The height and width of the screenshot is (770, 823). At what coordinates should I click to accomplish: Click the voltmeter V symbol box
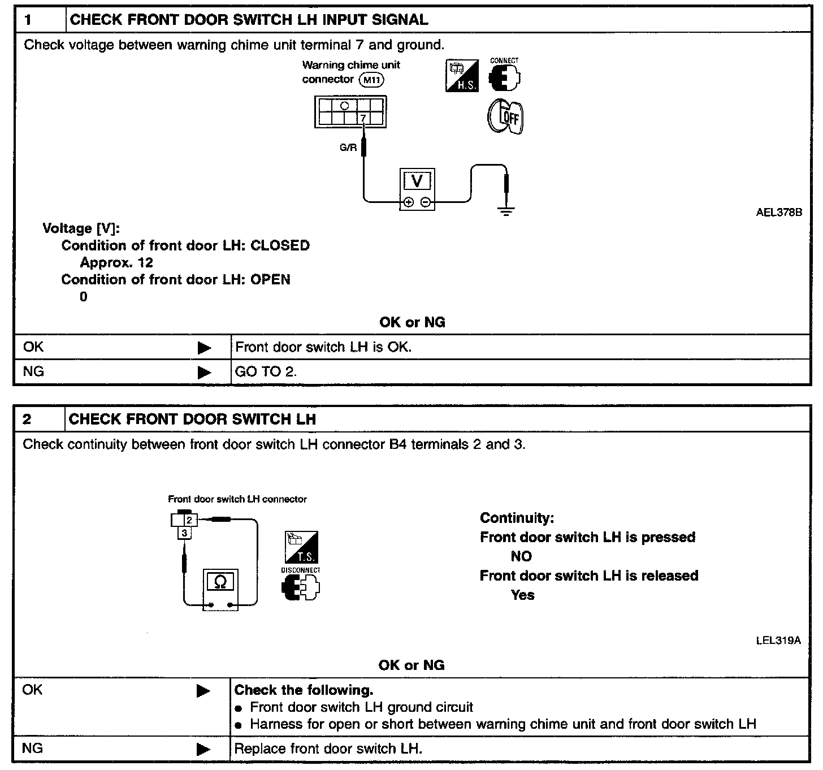pos(417,181)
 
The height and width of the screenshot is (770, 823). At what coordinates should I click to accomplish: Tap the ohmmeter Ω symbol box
pos(220,581)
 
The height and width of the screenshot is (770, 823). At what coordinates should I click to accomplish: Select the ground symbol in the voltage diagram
pos(506,212)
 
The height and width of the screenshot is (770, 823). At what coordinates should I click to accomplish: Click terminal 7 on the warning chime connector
pos(363,118)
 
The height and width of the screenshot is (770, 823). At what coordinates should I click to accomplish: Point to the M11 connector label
pos(372,80)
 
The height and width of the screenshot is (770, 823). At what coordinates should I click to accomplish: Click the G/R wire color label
pos(348,148)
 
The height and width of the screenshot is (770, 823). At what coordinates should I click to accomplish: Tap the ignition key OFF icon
pos(506,118)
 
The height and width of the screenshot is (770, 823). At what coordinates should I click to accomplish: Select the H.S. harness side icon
pos(462,76)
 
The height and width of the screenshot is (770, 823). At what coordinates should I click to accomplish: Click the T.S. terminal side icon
pos(301,547)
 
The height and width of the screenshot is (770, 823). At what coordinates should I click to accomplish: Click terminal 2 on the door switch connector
pos(189,520)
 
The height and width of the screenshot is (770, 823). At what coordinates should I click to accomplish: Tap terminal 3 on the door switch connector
pos(184,533)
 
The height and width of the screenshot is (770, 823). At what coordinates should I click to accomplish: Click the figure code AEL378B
pos(778,213)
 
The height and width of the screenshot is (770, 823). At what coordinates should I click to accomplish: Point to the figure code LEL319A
pos(778,641)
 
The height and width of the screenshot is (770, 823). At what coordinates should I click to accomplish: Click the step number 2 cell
pos(38,419)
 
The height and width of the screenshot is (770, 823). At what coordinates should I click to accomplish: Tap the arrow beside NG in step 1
pos(204,373)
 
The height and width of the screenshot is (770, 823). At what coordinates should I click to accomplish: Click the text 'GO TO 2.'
pos(266,372)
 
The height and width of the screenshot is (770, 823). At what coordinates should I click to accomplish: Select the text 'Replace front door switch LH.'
pos(328,749)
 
